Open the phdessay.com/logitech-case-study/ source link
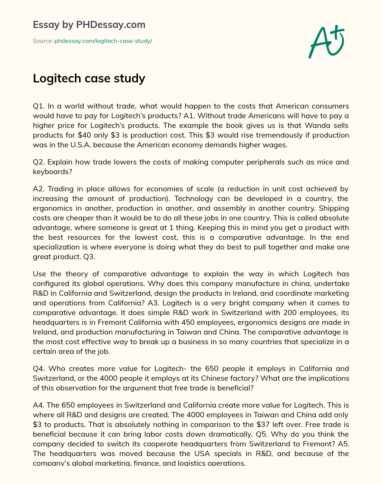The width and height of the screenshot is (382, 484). tap(103, 41)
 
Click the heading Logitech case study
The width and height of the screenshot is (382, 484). tap(89, 78)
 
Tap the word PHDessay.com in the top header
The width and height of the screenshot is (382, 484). tap(110, 25)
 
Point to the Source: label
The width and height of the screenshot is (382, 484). tap(43, 41)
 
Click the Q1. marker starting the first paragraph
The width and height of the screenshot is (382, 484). tap(39, 106)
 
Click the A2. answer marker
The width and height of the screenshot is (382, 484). tap(39, 189)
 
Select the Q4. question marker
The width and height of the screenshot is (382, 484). tap(39, 368)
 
